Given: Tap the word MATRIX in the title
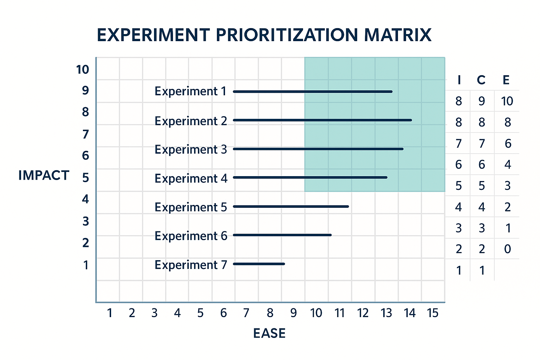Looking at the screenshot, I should coord(398,35).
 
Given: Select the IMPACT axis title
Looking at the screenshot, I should coord(44,175).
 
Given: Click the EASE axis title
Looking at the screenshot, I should coord(269,333).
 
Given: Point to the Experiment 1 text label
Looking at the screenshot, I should coord(191,91).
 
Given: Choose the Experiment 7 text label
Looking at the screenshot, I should coord(191,265).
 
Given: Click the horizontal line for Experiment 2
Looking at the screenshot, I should coord(322,120).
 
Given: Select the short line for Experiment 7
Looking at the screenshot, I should coord(259,264).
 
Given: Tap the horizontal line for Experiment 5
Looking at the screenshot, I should coord(291,206).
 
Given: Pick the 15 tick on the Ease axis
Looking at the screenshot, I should coord(433,313).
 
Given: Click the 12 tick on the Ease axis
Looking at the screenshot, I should coord(363,313).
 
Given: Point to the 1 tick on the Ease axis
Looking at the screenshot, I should coord(110,313).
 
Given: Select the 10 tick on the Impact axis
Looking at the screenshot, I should coord(83,70).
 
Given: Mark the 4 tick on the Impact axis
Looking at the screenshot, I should coord(85,199).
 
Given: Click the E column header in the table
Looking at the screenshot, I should coord(506,80).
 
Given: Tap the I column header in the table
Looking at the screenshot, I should coord(459,80).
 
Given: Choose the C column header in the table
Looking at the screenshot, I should coord(481,80).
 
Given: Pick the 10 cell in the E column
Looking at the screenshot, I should coord(507,101).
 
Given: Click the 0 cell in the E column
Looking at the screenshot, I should coord(507,249).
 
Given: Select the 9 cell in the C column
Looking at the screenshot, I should coord(482,101).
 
